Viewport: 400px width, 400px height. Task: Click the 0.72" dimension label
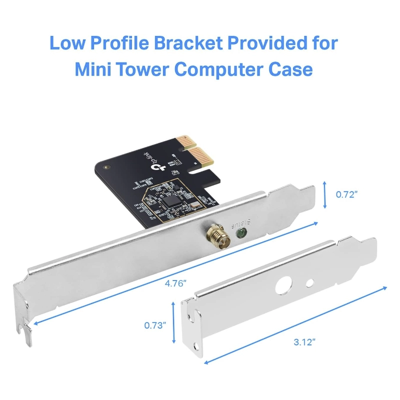pos(346,194)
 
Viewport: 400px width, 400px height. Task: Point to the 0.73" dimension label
pos(155,324)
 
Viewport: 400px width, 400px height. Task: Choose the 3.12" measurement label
pos(303,342)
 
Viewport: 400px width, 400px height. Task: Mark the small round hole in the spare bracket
pos(309,283)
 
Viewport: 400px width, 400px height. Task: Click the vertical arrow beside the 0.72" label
pos(325,195)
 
